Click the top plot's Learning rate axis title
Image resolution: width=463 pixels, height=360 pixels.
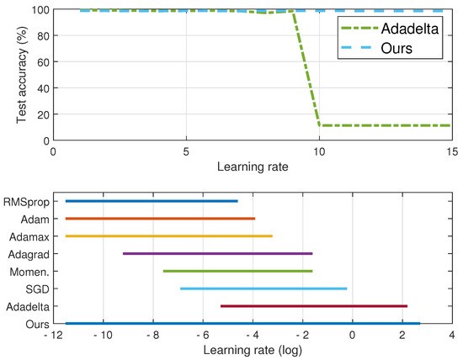252,167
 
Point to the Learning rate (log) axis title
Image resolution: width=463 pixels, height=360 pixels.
252,349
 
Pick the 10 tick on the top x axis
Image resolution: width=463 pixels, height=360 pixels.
319,153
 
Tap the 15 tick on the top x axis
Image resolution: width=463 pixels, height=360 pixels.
451,153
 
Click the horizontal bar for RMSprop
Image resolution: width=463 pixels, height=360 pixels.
152,201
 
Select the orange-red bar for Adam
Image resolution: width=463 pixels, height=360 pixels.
160,219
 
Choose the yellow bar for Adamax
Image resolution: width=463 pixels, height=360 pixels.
168,236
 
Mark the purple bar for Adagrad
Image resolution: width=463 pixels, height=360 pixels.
217,253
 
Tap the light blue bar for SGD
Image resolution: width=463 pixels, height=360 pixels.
263,289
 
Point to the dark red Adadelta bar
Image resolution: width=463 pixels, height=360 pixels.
313,306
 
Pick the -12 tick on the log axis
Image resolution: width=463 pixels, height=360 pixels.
52,335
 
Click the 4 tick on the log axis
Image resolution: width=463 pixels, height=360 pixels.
451,335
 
